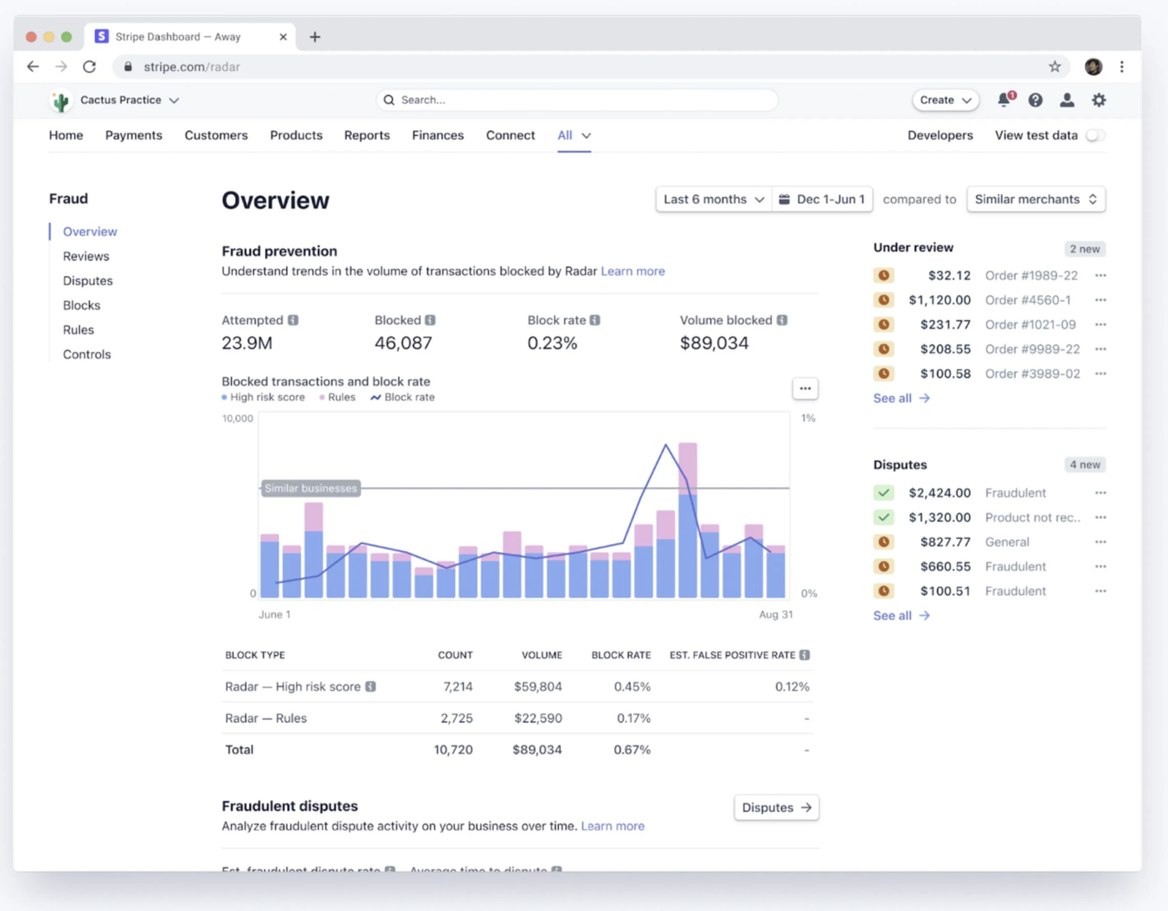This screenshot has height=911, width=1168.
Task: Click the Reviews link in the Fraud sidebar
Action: tap(86, 256)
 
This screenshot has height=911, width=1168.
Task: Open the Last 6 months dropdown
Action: tap(713, 199)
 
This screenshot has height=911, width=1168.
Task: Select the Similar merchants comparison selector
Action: tap(1035, 199)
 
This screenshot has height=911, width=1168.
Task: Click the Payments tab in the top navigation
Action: tap(133, 135)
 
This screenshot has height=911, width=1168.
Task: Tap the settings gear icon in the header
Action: tap(1099, 100)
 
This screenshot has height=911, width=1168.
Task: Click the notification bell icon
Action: tap(1004, 100)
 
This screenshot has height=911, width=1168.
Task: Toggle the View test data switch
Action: tap(1095, 135)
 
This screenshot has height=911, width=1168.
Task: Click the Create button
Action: tap(944, 100)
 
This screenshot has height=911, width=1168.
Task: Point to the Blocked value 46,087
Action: tap(403, 343)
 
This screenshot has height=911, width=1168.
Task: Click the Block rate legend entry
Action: tap(403, 397)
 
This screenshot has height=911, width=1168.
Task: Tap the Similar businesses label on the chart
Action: tap(310, 488)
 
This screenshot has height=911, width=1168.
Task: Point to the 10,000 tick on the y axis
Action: tap(238, 418)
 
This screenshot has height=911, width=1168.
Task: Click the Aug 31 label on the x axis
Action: tap(776, 614)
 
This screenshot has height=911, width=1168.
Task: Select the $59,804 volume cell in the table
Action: tap(538, 687)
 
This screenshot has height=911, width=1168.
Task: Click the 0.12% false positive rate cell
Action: tap(792, 687)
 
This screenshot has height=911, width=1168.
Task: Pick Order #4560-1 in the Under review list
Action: tap(1028, 300)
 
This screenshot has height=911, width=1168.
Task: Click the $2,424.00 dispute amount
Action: tap(939, 493)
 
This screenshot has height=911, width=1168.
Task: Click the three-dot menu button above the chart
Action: tap(805, 389)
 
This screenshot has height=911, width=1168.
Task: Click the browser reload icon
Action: tap(89, 67)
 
